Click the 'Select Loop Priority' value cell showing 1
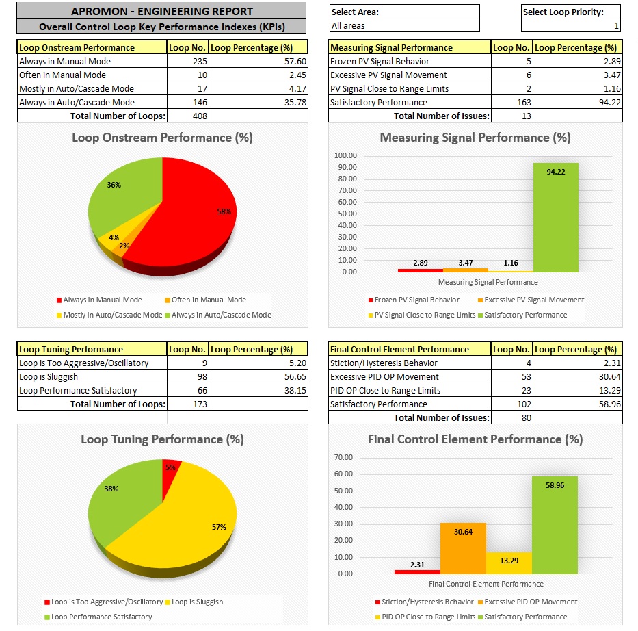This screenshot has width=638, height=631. [x=571, y=26]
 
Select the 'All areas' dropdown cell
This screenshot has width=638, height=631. [x=404, y=26]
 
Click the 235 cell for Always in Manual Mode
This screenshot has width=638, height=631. [x=187, y=62]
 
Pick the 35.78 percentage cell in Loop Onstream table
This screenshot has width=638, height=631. [x=258, y=103]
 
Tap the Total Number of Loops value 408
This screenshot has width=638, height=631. [x=187, y=116]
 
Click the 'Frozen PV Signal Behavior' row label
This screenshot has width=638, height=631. [x=380, y=62]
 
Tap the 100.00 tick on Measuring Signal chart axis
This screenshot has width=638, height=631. [x=345, y=155]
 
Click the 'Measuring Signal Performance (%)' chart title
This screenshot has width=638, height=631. [x=475, y=138]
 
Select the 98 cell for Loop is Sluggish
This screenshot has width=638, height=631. [x=187, y=377]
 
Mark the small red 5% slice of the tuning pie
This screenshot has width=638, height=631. [x=170, y=469]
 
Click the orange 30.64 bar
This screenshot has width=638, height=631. [x=463, y=548]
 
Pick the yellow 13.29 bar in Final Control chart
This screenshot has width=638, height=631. [x=509, y=563]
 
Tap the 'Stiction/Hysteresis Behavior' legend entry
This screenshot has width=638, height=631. [x=425, y=602]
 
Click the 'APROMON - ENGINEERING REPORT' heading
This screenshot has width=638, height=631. [x=162, y=12]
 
